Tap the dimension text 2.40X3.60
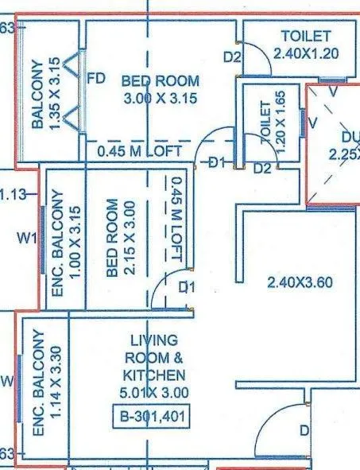[296, 281]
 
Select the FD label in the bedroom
[96, 80]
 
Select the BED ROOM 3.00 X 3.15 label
[159, 90]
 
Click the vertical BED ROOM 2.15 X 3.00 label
[118, 238]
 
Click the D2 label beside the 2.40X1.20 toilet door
[231, 56]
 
